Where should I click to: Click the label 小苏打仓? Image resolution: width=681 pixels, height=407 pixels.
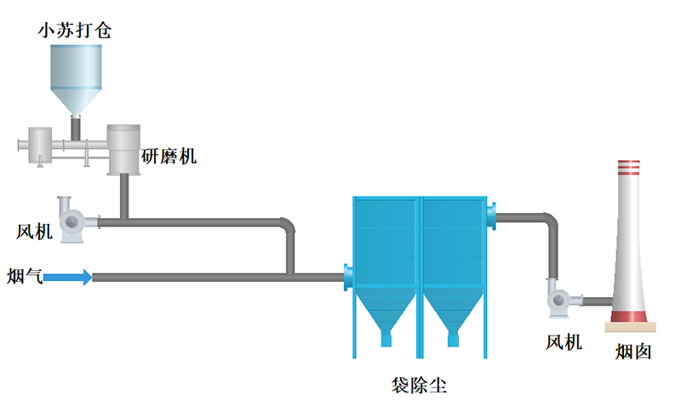pos(74,32)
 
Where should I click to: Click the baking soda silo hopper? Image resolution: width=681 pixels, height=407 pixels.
pos(75,77)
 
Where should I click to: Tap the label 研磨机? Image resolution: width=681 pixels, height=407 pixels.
pos(169,156)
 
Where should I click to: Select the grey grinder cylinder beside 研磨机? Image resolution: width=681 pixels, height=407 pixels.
pos(123,149)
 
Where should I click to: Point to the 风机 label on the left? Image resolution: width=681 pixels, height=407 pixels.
pos(35,231)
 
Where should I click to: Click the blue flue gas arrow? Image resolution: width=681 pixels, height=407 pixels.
pos(67,276)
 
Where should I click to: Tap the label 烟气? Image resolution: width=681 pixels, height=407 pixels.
pos(23,275)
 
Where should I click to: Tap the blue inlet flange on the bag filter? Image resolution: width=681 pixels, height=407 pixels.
pos(348,276)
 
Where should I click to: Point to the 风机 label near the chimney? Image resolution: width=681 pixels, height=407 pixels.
pos(564,342)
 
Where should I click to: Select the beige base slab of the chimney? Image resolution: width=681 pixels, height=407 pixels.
pos(631,327)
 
